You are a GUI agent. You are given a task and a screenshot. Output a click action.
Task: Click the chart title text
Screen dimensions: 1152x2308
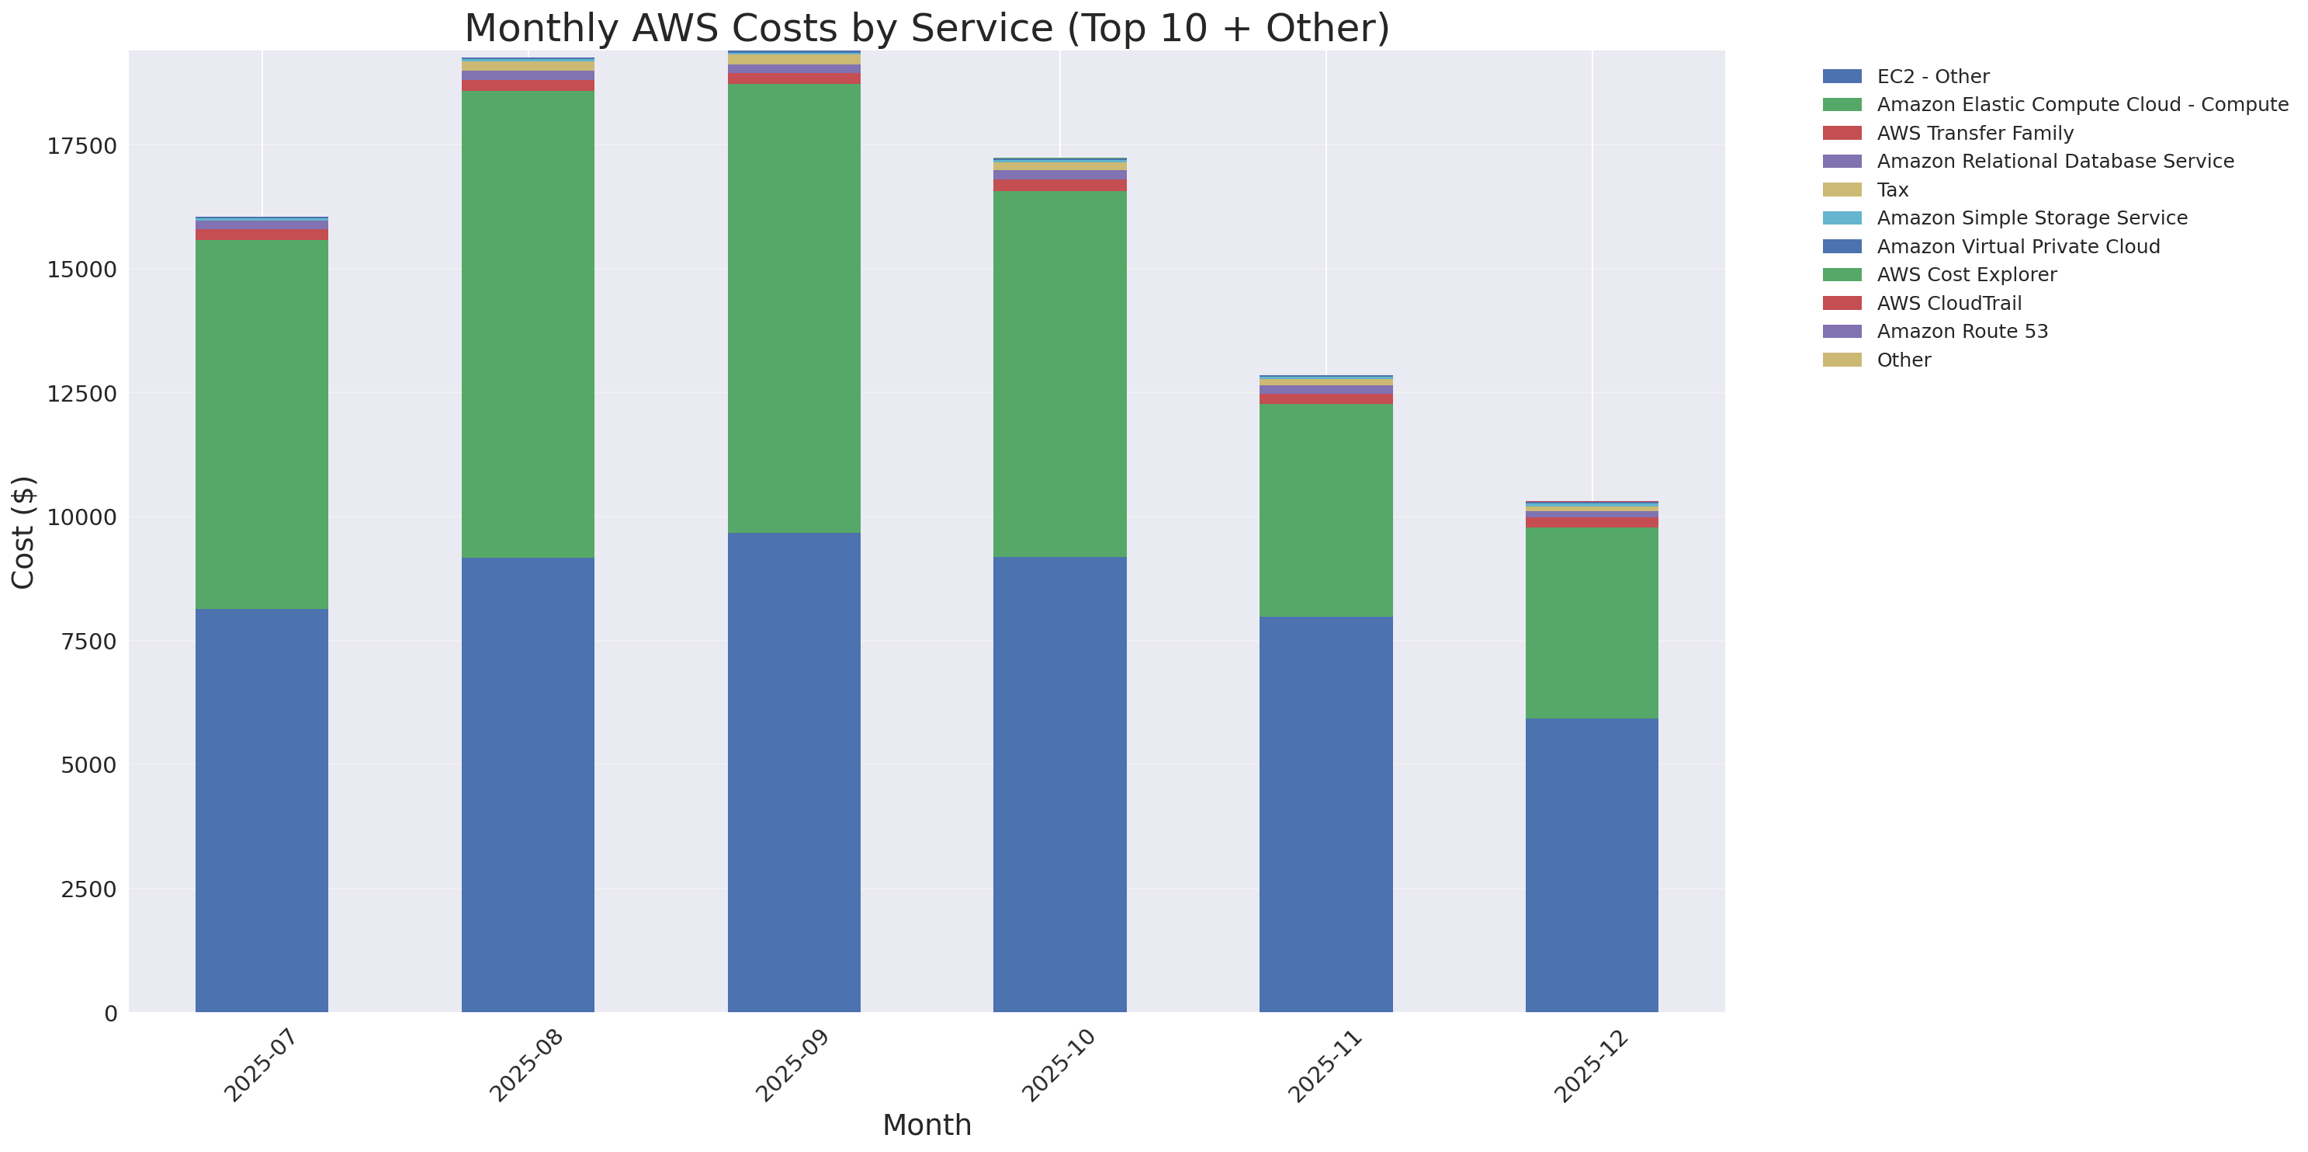927,28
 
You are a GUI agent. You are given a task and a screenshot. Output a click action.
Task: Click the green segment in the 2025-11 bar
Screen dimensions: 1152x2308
1326,510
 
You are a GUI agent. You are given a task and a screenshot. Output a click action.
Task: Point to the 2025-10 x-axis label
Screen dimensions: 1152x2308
1058,1066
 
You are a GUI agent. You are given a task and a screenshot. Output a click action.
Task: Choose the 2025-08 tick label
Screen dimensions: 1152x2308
526,1066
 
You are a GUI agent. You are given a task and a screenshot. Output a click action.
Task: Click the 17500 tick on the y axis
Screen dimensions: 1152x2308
81,146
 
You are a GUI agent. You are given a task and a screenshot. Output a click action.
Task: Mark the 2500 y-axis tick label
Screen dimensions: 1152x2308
88,889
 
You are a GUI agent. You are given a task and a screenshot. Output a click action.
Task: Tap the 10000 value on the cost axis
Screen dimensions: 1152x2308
81,518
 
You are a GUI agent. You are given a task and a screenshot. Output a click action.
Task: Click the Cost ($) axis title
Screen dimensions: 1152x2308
23,533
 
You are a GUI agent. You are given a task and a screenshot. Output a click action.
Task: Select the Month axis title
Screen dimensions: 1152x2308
927,1125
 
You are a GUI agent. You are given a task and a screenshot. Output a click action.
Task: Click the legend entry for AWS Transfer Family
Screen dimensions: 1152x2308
1975,134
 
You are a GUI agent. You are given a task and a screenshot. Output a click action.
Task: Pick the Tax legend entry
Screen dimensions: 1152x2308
1892,190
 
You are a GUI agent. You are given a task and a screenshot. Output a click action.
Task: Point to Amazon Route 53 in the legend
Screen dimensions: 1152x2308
1962,332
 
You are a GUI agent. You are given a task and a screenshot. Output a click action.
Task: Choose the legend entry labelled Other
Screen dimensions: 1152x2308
1904,360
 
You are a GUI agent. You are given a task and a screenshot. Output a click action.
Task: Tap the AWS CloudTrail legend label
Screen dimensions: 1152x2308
1949,303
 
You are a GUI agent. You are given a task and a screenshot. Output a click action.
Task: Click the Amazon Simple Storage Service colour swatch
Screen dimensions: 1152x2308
1842,218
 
